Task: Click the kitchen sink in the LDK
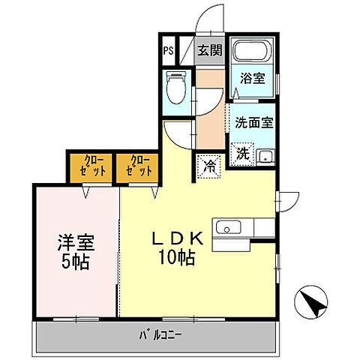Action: click(x=227, y=227)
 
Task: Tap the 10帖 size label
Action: click(x=177, y=259)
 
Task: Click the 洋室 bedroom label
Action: click(x=75, y=244)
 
